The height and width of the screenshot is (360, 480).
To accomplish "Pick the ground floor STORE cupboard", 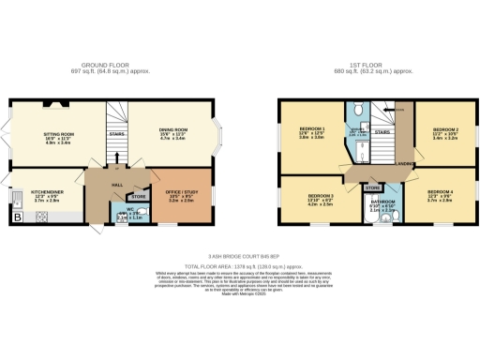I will point(138,197).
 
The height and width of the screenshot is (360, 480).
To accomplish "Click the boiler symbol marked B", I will point(17,217).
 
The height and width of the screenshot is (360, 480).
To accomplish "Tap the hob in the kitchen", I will point(42,217).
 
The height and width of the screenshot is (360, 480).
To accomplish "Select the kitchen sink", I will point(18,198).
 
